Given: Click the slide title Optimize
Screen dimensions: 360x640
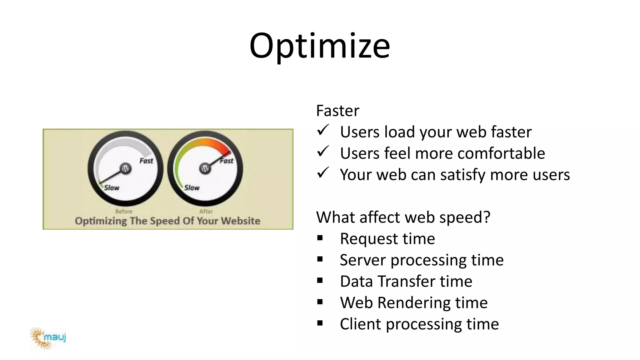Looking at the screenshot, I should point(319,46).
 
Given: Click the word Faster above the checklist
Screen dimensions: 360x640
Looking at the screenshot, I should point(337,111).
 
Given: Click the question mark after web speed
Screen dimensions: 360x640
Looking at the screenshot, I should point(487,217).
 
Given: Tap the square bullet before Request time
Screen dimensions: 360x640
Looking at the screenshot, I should point(320,238).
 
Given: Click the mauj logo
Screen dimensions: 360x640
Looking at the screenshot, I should point(48,338).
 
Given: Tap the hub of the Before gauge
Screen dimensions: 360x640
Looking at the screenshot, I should point(125,168).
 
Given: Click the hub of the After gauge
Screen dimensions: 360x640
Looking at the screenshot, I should point(205,168).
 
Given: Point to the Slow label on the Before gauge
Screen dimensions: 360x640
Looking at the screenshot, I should point(112,188).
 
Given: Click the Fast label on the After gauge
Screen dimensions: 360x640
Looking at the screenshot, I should point(227,161).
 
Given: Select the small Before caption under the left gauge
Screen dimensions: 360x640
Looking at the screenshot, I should point(124,212).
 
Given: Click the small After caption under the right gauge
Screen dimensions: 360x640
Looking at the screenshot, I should point(206,212).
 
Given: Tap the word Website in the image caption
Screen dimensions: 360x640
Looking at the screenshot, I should point(241,221).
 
